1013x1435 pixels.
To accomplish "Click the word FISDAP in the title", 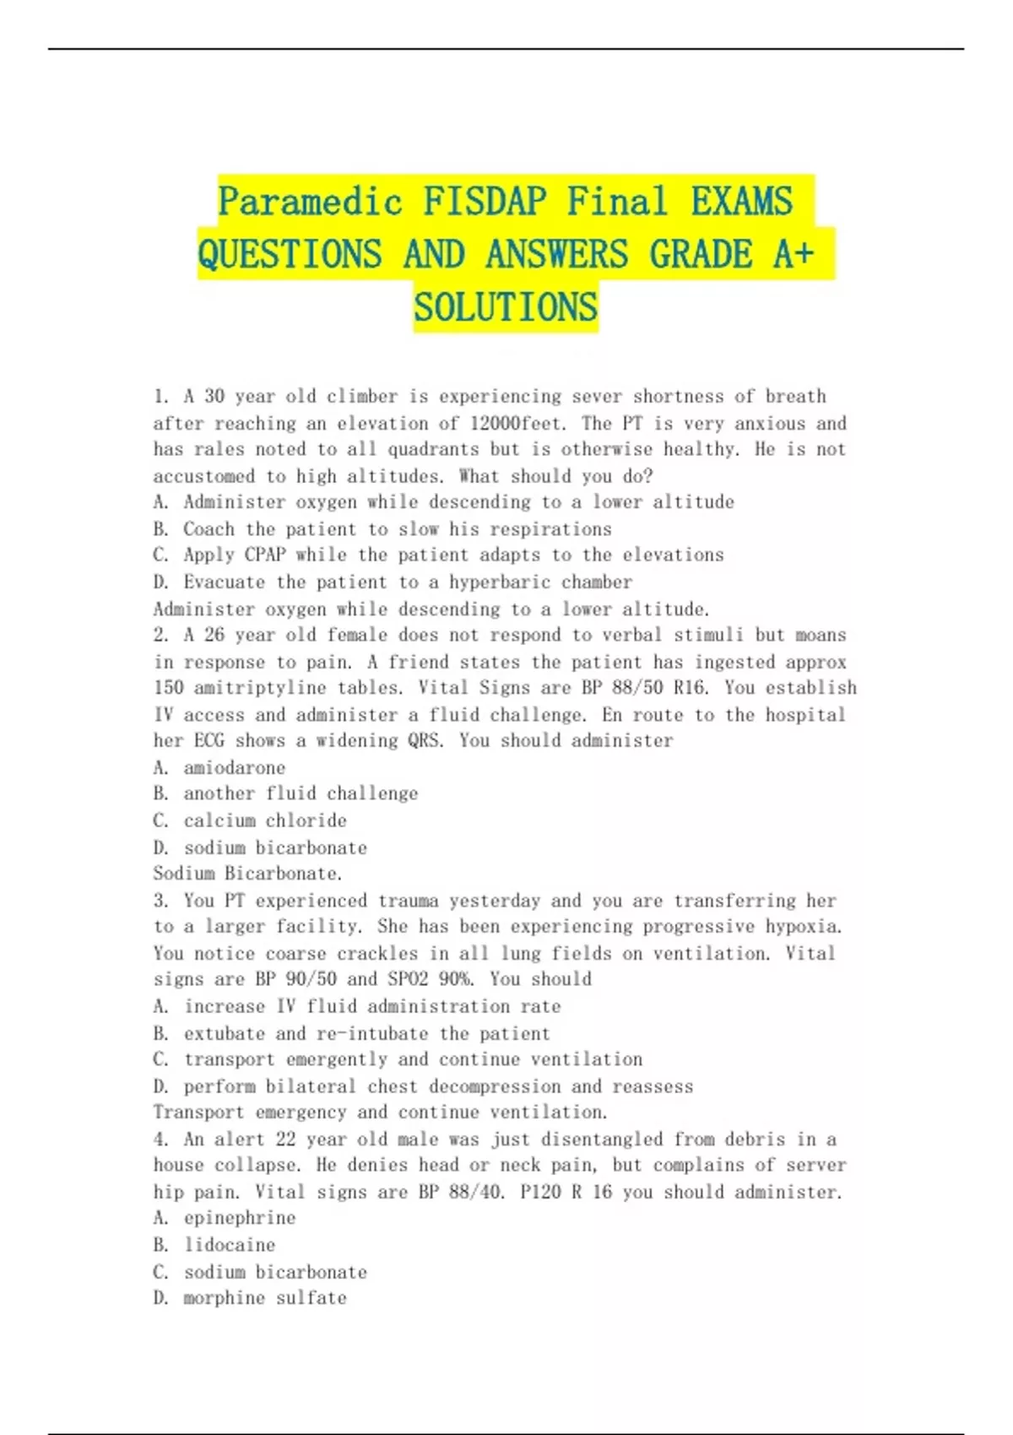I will tap(485, 202).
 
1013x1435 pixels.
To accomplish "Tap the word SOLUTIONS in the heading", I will tap(506, 307).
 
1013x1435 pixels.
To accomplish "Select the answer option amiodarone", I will tap(235, 767).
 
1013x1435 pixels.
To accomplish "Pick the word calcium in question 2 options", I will tap(214, 820).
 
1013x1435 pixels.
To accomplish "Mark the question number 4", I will tap(160, 1140).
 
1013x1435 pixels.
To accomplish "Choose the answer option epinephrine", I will tap(240, 1217).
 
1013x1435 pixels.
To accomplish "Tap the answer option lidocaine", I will tap(230, 1244).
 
